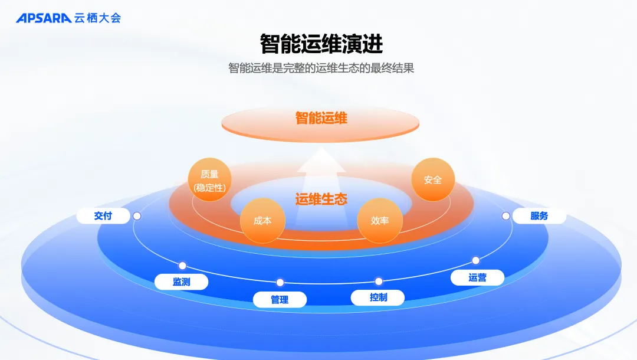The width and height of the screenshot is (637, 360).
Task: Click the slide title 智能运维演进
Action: (321, 44)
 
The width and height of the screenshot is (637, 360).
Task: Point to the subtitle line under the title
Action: (321, 68)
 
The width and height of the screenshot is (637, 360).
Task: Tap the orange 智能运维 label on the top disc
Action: (321, 118)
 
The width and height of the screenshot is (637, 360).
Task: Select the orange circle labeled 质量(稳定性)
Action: (209, 181)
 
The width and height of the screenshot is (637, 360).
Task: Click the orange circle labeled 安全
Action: (432, 179)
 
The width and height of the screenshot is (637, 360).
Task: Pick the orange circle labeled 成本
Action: (262, 221)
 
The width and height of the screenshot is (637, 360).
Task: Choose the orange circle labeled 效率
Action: (379, 221)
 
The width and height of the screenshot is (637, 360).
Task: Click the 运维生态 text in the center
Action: (321, 199)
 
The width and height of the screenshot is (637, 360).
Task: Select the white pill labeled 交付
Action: (103, 216)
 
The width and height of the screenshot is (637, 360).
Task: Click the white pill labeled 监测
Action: (181, 282)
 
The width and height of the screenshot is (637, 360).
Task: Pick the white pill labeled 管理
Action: (280, 299)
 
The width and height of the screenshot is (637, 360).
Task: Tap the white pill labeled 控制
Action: (378, 297)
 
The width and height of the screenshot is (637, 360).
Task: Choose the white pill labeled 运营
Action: (477, 277)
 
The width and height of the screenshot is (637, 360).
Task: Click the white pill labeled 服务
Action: (539, 216)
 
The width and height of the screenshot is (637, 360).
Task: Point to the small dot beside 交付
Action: (137, 216)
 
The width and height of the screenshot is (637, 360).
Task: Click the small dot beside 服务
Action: (505, 216)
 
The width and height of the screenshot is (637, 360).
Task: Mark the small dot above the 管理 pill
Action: (280, 282)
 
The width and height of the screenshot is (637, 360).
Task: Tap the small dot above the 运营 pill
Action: (475, 260)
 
